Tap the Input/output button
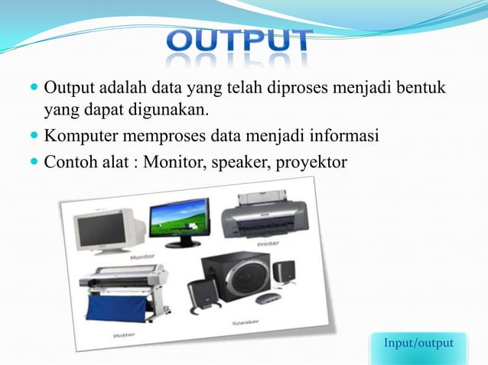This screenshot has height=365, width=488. tap(419, 344)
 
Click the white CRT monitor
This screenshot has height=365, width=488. tap(109, 230)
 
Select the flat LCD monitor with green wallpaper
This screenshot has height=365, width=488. tap(179, 222)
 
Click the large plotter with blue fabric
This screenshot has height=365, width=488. tap(122, 295)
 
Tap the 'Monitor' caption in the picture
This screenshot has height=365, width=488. tap(142, 257)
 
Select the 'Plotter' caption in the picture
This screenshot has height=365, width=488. tap(125, 334)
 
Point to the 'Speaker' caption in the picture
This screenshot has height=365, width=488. tap(246, 323)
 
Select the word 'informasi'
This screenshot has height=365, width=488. tap(343, 137)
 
